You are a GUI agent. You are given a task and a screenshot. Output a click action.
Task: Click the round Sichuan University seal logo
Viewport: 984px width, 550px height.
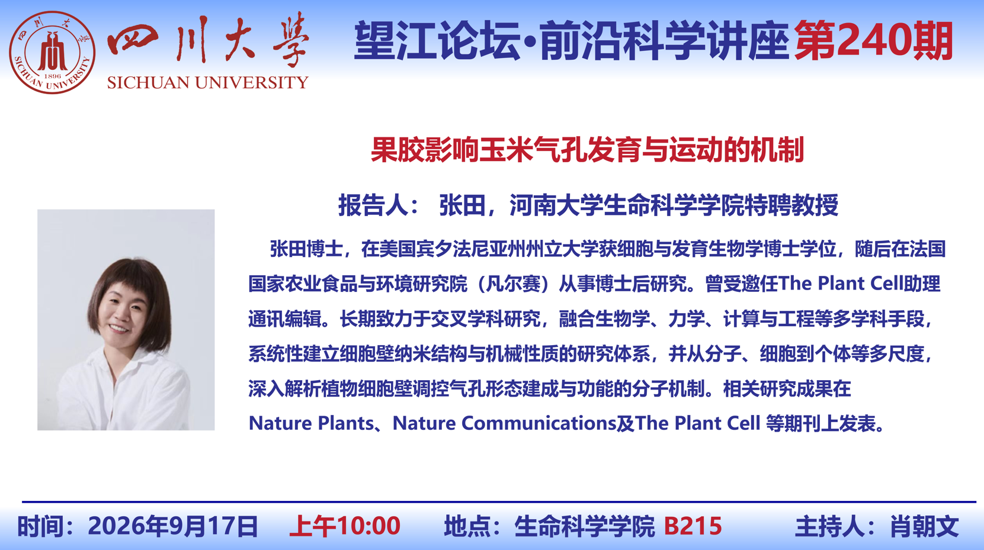coord(52,52)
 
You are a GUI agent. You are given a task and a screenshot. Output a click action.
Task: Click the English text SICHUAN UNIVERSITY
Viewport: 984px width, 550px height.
coord(207,82)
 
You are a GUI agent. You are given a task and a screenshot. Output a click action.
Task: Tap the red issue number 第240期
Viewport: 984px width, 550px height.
coord(873,41)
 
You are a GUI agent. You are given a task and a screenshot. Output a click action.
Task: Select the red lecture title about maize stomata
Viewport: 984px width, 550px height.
coord(587,150)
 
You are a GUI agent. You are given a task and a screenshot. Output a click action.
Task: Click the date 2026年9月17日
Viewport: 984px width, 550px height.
coord(172,526)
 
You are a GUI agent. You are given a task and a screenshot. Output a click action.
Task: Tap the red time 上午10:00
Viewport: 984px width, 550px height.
coord(345,526)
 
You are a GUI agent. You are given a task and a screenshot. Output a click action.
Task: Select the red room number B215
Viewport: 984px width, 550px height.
coord(693,526)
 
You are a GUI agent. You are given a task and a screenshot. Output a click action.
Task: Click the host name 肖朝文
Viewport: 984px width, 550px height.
coord(924,526)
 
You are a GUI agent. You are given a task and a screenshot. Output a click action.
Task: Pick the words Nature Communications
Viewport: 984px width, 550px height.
coord(504,423)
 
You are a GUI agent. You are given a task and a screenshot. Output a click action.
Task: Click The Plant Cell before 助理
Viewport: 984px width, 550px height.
coord(841,284)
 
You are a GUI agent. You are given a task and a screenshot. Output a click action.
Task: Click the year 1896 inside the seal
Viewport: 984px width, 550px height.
coord(52,76)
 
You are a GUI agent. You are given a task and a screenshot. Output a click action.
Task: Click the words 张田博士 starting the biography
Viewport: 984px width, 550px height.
coord(306,249)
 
